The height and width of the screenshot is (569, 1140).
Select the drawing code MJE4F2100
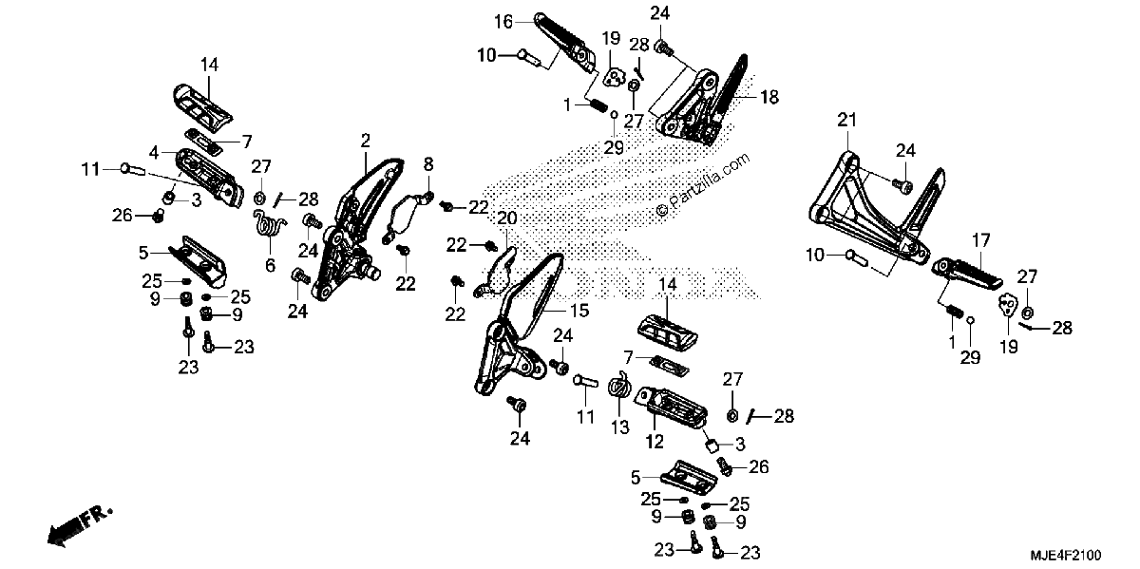point(1066,555)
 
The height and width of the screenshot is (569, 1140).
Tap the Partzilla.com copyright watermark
point(703,185)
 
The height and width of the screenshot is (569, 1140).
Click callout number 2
point(366,140)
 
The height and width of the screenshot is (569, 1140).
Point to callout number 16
point(503,22)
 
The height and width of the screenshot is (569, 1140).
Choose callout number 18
point(769,97)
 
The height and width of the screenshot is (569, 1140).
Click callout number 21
point(846,120)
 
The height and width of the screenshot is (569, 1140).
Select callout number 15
point(579,310)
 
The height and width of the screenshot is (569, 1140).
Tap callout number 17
point(981,240)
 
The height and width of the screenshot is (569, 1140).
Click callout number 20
point(507,218)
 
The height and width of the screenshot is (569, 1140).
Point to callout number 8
point(428,164)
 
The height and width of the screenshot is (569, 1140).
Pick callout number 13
point(619,427)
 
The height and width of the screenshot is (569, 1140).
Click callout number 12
point(655,442)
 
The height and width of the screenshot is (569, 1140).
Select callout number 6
point(270,265)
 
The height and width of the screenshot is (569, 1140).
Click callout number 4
point(154,152)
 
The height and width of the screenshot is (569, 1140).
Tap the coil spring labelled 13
point(619,389)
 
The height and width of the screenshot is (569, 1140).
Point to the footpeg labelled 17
point(967,274)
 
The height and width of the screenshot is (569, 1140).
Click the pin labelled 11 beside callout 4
point(133,169)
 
